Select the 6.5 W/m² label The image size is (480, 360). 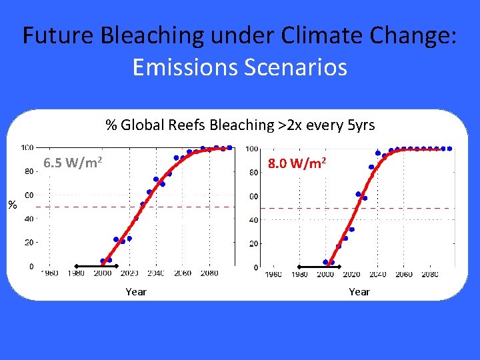click(73, 163)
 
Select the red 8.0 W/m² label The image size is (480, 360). click(296, 163)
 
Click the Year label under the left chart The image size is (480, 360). click(136, 291)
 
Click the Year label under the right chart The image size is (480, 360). click(359, 291)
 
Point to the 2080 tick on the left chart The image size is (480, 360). click(209, 273)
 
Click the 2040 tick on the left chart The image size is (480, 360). click(155, 273)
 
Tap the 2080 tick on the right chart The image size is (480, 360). click(430, 274)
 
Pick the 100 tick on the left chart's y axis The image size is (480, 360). click(27, 147)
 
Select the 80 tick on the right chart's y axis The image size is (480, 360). click(253, 173)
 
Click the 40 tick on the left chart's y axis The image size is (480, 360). click(29, 219)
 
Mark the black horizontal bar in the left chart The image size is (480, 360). click(89, 265)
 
